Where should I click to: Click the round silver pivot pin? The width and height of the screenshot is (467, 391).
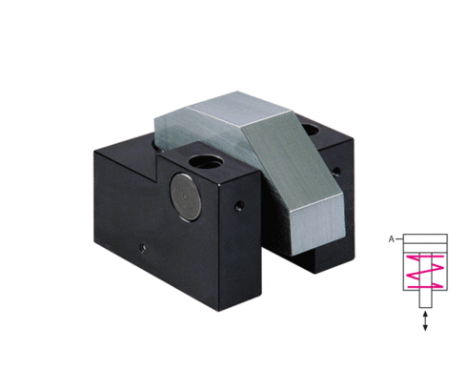click(186, 197)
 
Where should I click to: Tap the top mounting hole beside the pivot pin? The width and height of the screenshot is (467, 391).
click(205, 162)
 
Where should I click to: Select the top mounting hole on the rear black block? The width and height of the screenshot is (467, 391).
click(311, 130)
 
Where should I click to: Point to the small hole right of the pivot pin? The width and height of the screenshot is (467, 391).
click(239, 206)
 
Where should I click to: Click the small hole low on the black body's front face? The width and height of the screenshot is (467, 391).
click(143, 247)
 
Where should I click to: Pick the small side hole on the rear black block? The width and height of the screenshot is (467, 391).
click(335, 172)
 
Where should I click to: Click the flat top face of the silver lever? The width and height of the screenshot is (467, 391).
click(239, 108)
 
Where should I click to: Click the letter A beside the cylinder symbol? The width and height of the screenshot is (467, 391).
click(392, 239)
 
